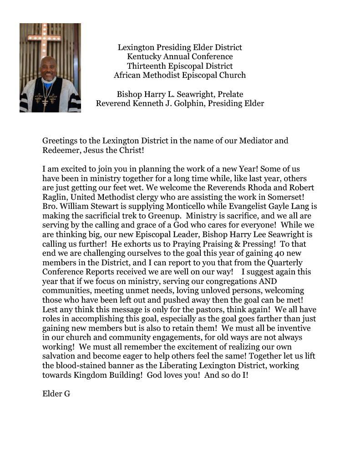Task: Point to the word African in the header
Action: pos(129,76)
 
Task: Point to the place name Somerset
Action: pos(287,197)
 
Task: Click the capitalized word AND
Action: pos(267,281)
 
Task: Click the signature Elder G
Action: pos(56,394)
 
